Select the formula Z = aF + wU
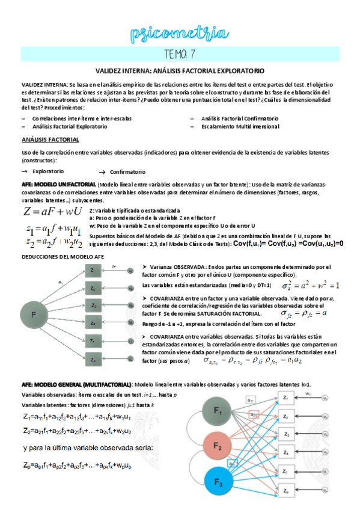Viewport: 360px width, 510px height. pyautogui.click(x=53, y=212)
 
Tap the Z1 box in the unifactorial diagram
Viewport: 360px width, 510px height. pyautogui.click(x=93, y=272)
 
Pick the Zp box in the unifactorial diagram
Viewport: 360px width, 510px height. pyautogui.click(x=93, y=359)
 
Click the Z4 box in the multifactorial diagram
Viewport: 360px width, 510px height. pyautogui.click(x=286, y=452)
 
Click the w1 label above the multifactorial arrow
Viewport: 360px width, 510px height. pyautogui.click(x=308, y=393)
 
